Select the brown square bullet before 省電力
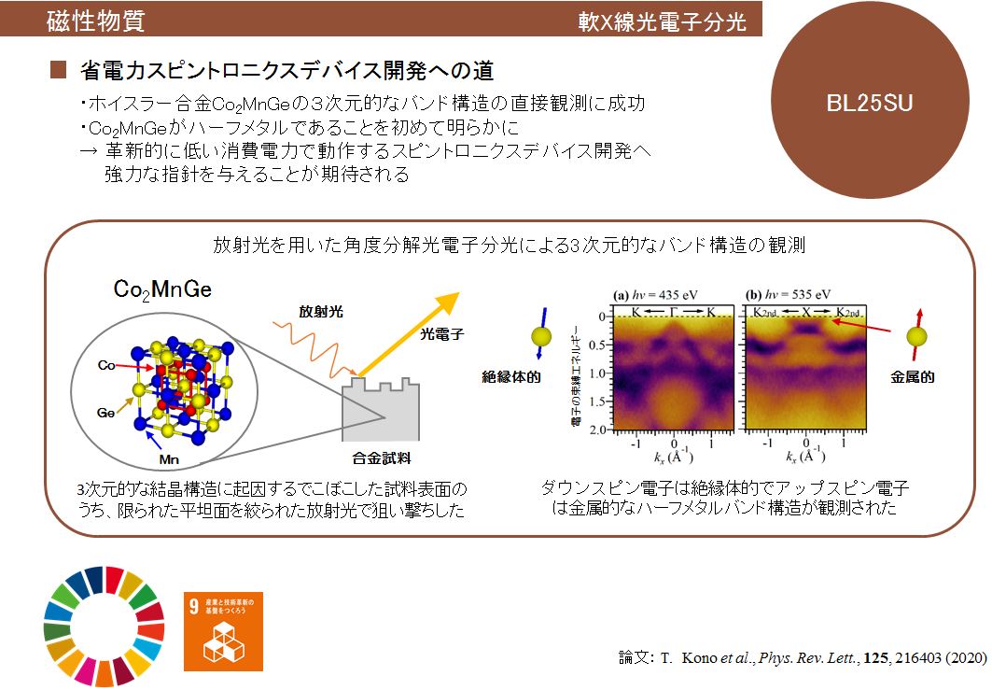60,71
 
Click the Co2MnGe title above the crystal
162,289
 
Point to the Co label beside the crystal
106,367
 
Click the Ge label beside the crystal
106,410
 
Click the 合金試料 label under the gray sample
382,458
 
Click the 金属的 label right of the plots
914,377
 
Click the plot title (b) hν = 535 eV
792,295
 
